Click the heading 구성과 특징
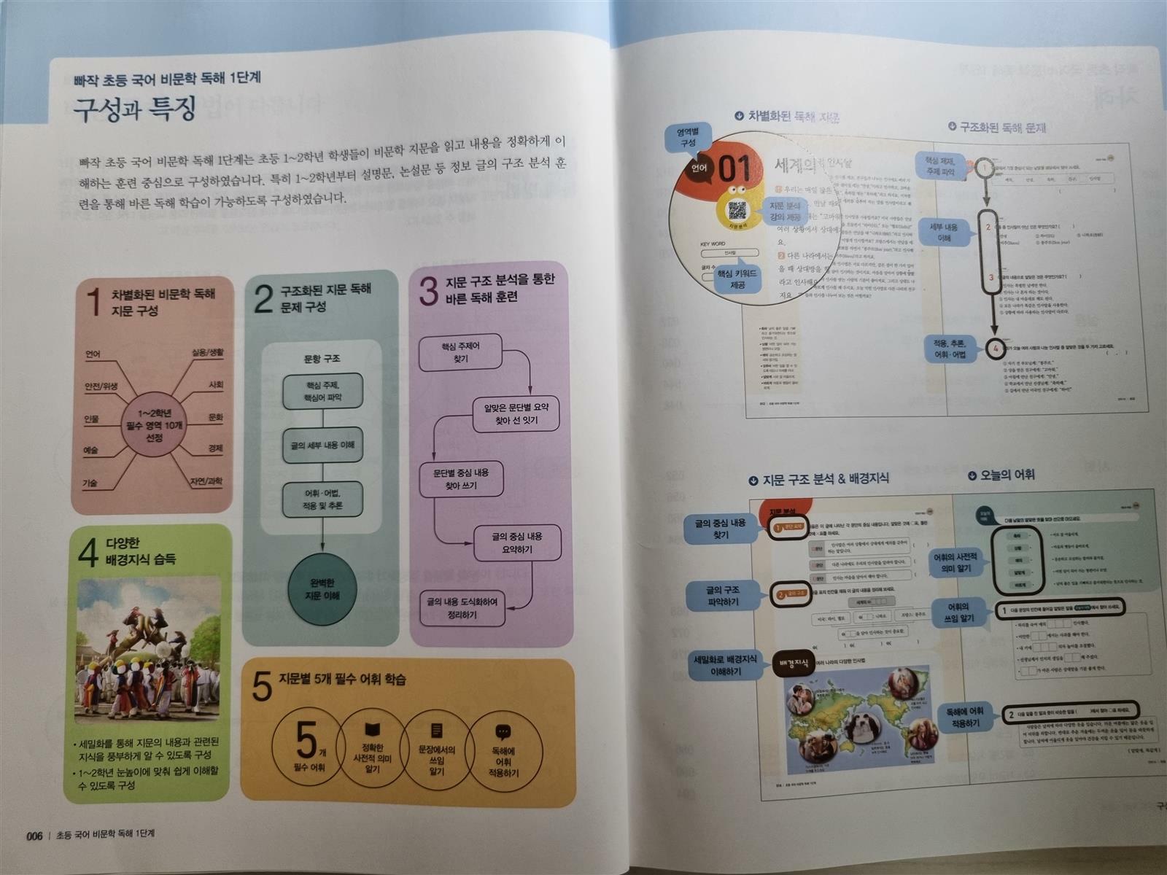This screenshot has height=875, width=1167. [x=134, y=109]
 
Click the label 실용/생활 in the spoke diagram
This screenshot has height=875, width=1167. [x=208, y=353]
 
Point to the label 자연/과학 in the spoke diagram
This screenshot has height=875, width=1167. [x=206, y=481]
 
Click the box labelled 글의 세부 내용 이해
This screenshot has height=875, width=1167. [x=322, y=445]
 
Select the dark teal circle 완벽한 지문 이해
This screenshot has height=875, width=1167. [x=323, y=589]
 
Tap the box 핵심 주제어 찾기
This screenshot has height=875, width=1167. [x=460, y=353]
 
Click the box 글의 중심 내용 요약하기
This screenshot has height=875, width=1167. [x=517, y=542]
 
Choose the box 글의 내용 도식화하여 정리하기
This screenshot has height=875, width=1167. [x=462, y=608]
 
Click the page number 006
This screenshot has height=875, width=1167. [x=34, y=836]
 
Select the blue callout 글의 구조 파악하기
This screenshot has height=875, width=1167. [x=723, y=596]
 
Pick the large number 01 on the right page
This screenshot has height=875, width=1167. [x=734, y=169]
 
